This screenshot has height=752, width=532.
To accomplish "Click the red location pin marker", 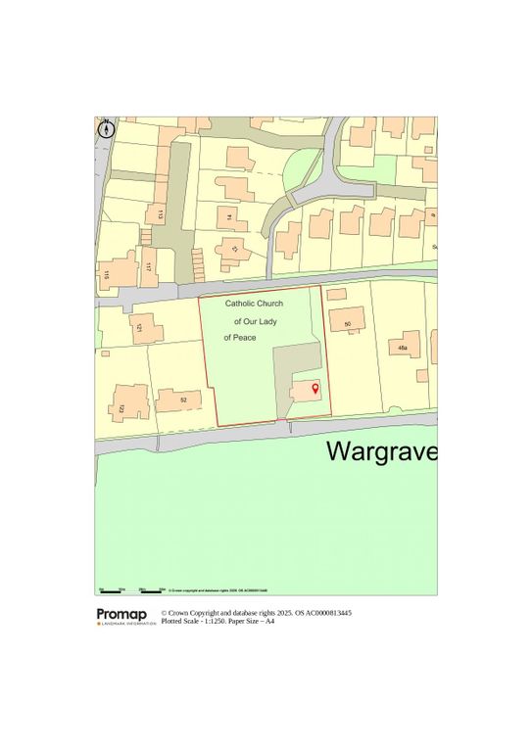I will (314, 390).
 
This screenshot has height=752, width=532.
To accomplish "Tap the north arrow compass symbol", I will (107, 128).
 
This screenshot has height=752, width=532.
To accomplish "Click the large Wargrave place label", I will (381, 451).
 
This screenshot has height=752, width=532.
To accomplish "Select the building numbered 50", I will (348, 320).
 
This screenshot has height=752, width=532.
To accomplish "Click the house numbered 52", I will (183, 399).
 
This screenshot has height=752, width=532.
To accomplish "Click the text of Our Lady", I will (256, 321).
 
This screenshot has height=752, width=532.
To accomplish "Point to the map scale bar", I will (131, 590).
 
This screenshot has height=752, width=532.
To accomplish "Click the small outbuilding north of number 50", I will (336, 294).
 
